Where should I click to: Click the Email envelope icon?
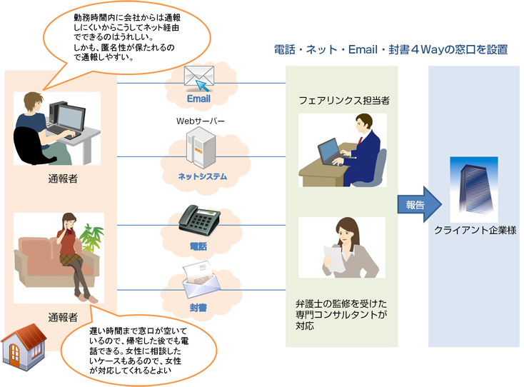point(199,76)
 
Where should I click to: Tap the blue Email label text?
point(198,99)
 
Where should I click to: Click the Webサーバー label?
point(201,121)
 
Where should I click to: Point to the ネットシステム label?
point(203,176)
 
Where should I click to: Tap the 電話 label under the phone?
point(198,246)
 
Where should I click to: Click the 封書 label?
point(198,308)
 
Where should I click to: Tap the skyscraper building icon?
point(473,190)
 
